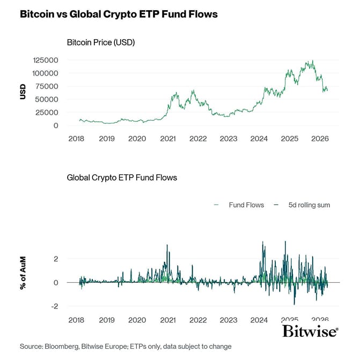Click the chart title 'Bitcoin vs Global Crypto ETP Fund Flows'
coord(119,14)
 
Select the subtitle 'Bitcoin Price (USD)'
coord(100,42)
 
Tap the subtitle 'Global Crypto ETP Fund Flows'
coord(121,177)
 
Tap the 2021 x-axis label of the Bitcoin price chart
coord(168,139)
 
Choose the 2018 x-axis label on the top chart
coord(77,139)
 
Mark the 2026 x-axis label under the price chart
coord(320,139)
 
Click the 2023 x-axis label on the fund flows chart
coord(229,319)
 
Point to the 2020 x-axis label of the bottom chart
coord(137,319)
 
